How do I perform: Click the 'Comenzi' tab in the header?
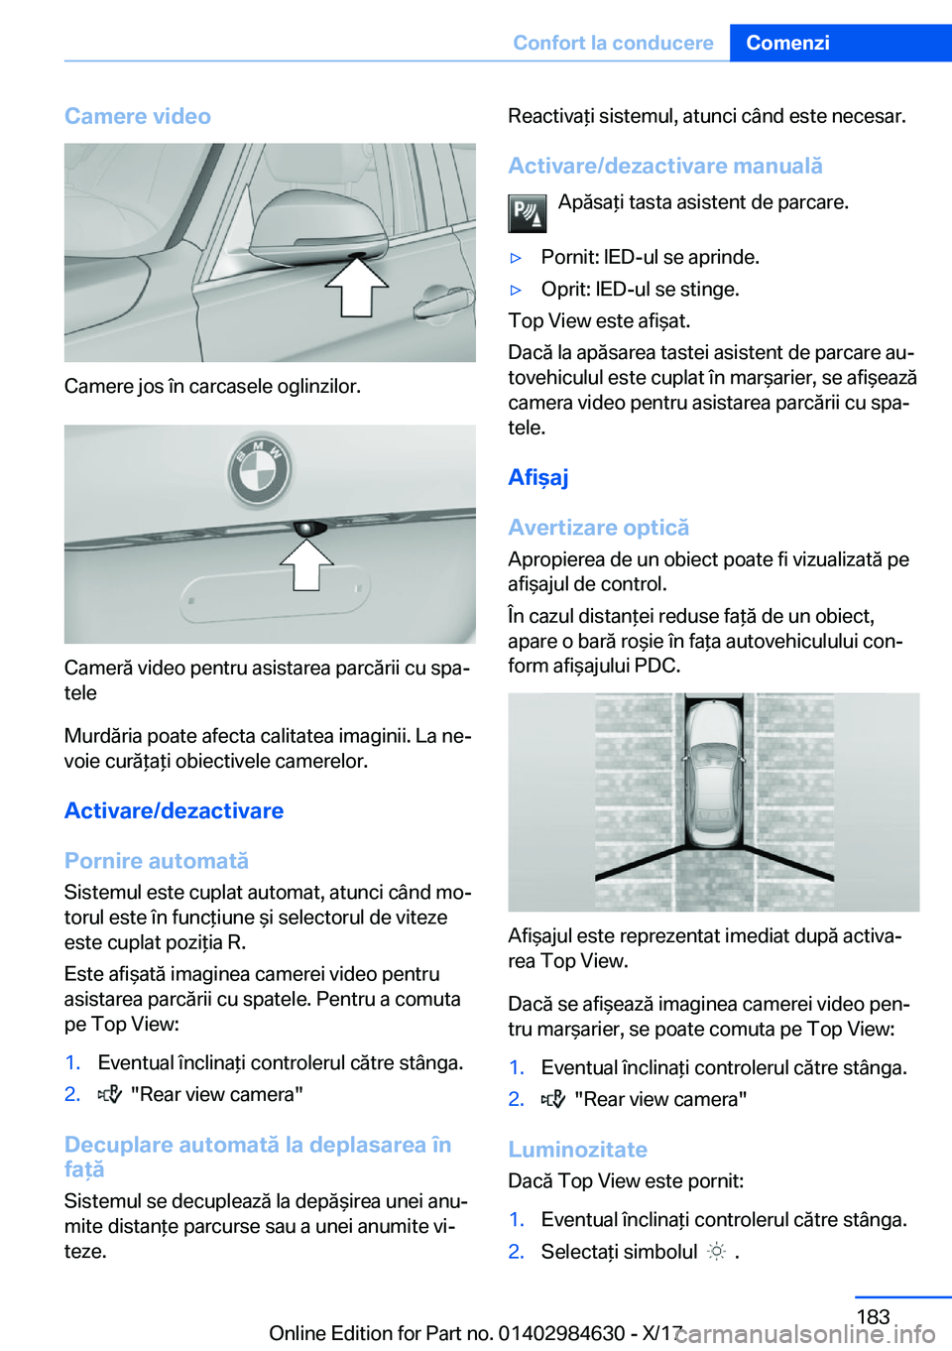787,43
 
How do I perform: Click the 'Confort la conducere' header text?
613,43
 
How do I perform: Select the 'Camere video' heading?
138,116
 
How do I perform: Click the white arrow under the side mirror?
357,287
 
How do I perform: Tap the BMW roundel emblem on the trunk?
260,470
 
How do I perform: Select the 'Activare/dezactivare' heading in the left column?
174,810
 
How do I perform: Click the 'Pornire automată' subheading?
157,860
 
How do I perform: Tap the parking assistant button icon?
527,212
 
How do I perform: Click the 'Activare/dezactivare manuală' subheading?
665,166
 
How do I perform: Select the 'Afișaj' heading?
538,477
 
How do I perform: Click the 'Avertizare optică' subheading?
598,527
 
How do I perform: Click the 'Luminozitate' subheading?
577,1149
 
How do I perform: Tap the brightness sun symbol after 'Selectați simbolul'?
716,1252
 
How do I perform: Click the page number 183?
873,1316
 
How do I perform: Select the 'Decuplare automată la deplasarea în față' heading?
258,1157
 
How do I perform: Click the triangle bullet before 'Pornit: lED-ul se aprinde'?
516,258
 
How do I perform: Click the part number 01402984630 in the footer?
561,1333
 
